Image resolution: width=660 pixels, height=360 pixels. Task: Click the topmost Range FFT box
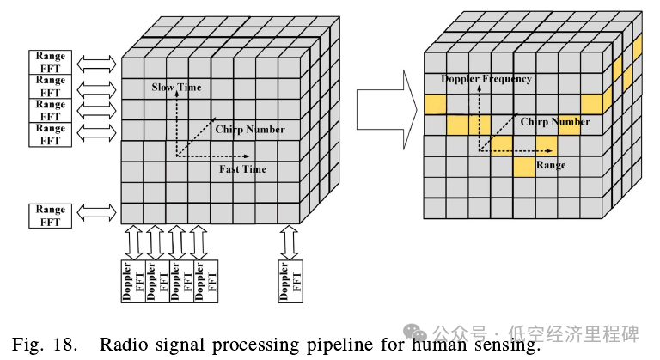pos(51,62)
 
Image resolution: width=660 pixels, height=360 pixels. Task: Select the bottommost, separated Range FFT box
pos(51,215)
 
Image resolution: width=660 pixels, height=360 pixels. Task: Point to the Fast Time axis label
pos(242,169)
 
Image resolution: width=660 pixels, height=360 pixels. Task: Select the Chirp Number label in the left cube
pos(251,130)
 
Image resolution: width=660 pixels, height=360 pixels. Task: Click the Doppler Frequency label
pos(486,79)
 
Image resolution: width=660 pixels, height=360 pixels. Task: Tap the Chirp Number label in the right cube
pos(555,122)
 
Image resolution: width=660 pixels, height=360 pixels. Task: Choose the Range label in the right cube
pos(551,164)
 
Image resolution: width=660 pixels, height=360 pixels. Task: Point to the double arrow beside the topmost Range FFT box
pos(96,62)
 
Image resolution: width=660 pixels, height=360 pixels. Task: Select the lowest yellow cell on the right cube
pos(524,167)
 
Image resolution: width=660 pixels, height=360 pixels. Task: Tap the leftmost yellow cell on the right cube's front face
pos(435,104)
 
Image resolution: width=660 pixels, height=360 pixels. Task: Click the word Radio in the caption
pos(123,345)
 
